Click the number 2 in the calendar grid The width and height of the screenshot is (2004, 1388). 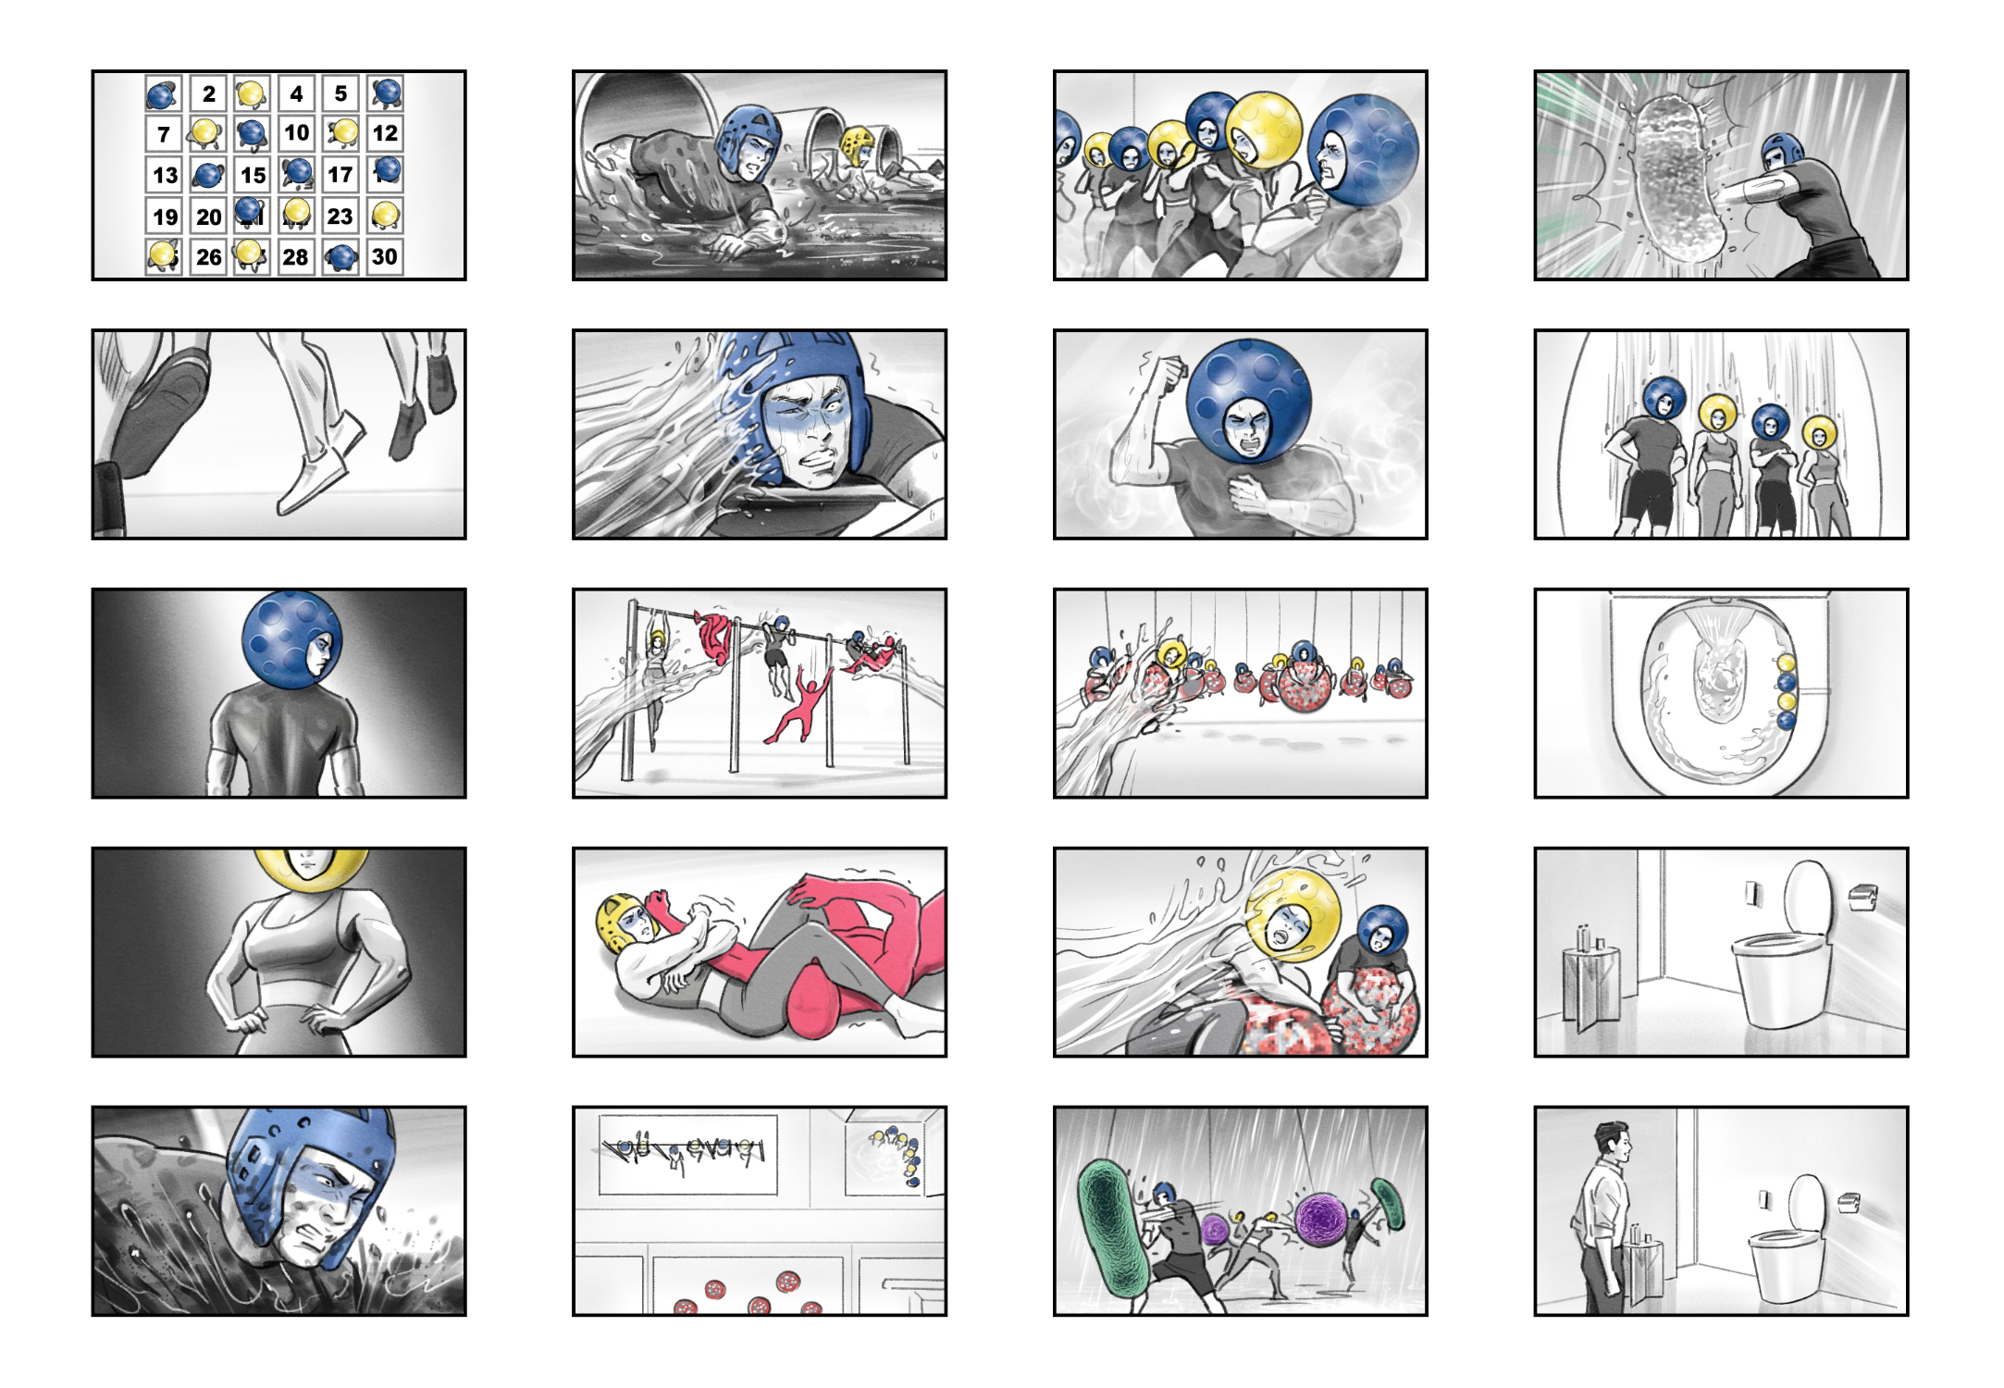pos(209,93)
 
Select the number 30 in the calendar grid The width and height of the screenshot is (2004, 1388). pos(385,256)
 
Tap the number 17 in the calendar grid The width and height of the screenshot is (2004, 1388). pos(340,174)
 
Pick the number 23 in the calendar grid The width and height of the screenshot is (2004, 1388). pos(340,216)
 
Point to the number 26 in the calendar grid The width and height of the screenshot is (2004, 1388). pos(209,256)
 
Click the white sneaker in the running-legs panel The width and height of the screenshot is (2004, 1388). pos(320,467)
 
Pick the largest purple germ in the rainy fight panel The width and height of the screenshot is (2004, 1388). pos(1324,1219)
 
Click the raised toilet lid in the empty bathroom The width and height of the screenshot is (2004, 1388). pos(1807,898)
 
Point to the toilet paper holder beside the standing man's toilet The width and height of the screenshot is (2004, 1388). pos(1849,1202)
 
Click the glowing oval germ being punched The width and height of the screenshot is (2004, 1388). pos(1676,179)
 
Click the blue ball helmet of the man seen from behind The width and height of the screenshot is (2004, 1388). pos(291,641)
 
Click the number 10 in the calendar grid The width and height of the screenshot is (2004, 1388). pos(296,133)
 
